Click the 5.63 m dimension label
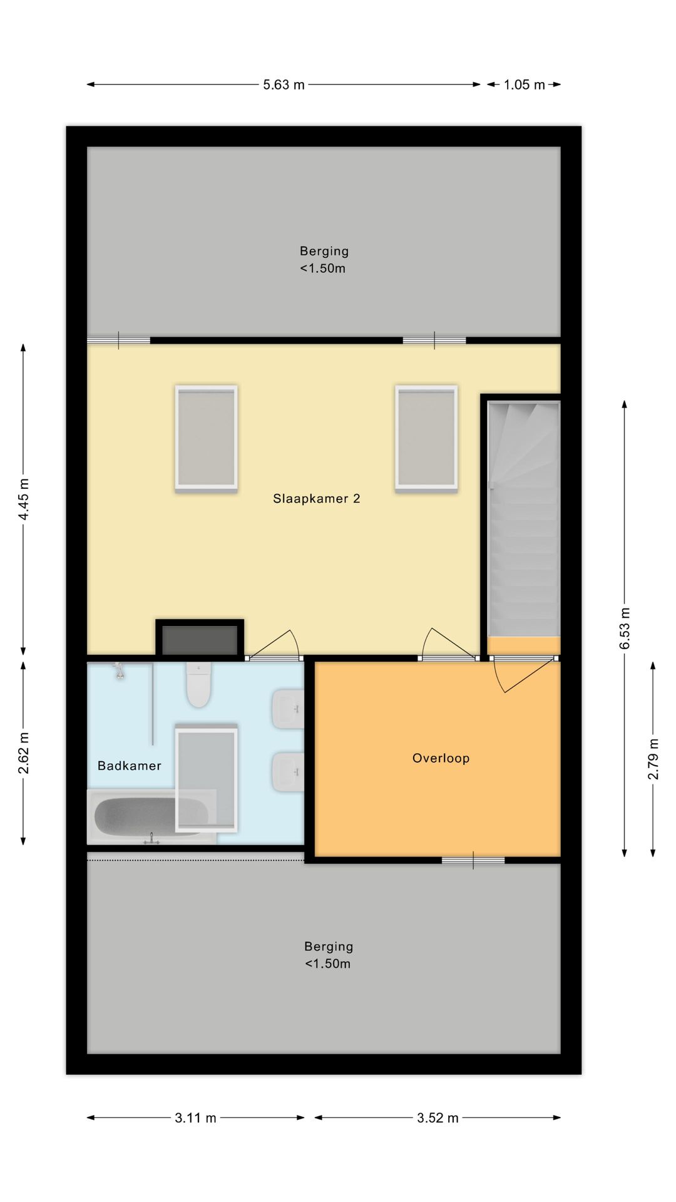coord(284,85)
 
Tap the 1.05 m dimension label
coord(524,85)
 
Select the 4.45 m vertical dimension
coord(24,499)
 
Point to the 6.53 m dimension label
coord(625,628)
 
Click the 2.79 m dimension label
coord(653,759)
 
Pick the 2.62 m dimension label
coord(24,753)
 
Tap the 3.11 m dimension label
coord(195,1117)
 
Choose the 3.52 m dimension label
coord(438,1117)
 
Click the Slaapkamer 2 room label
coord(316,498)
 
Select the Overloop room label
coord(441,758)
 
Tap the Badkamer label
coord(130,766)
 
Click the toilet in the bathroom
coord(198,685)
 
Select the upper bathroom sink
coord(288,709)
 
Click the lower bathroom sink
coord(288,771)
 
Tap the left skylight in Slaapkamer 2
coord(206,438)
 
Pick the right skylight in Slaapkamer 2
coord(426,438)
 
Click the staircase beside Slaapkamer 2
coord(524,520)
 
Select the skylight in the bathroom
coord(206,778)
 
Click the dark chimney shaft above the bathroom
coord(200,639)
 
